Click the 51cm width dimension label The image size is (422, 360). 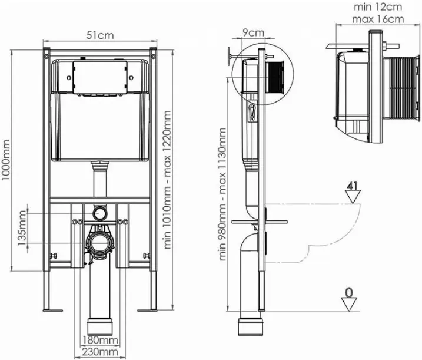coord(100,35)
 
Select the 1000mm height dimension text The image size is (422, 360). coord(5,160)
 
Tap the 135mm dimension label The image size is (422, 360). coord(22,228)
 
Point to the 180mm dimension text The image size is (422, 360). coord(100,340)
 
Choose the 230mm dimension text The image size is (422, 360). coord(100,352)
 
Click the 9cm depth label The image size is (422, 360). coord(254,32)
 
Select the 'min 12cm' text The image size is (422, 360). coord(378,6)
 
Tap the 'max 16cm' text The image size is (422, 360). coord(378,19)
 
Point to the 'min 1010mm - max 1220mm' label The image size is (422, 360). coord(167,180)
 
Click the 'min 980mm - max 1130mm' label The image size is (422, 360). coord(222,194)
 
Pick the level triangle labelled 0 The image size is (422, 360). coord(349,304)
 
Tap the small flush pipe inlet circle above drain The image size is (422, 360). coord(100,213)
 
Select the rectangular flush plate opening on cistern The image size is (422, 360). coord(100,77)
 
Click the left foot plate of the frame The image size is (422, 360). coord(53,311)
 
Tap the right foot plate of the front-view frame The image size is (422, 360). coord(147,311)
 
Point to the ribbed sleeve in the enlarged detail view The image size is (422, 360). coord(401,87)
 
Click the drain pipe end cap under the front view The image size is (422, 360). coord(100,327)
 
